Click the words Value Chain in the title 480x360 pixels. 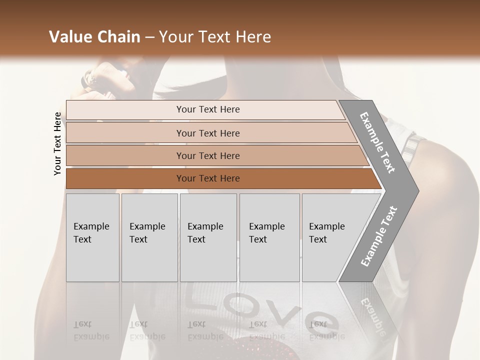coord(94,37)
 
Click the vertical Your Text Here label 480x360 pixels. coord(58,143)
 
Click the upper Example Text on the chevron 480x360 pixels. coord(377,142)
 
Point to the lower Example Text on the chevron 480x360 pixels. coord(378,236)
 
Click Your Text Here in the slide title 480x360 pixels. coord(215,37)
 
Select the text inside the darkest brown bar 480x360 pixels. coord(208,178)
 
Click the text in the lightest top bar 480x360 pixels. coord(208,109)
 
